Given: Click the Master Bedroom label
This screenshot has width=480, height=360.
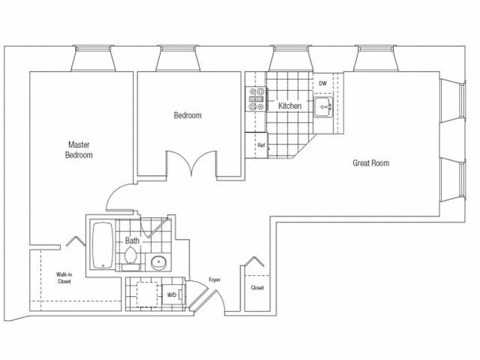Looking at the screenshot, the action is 79,150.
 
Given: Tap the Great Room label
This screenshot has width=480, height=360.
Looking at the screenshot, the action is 371,163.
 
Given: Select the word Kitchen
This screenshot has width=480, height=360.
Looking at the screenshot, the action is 290,106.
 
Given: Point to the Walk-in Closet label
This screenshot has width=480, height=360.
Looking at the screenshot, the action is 65,278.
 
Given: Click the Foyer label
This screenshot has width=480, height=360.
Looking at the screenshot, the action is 215,280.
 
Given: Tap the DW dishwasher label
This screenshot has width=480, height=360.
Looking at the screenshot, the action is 323,83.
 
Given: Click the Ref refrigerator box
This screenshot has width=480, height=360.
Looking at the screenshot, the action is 257,145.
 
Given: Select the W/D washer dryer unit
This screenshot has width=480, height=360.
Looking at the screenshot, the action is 174,295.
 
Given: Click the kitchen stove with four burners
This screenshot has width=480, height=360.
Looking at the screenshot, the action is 257,99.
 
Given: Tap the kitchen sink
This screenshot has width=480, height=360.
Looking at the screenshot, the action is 323,107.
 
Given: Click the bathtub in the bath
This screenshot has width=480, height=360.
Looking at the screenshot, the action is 103,246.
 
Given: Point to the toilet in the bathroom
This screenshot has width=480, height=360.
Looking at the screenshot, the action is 131,259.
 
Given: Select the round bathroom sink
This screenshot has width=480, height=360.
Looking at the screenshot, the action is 159,262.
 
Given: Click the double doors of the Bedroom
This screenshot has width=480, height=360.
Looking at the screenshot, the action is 192,164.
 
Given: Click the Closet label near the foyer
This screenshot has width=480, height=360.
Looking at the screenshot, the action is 257,288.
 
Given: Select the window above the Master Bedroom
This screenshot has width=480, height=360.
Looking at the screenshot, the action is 93,59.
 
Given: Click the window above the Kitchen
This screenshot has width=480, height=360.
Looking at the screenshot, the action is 291,59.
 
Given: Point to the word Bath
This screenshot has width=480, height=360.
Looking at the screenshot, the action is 132,241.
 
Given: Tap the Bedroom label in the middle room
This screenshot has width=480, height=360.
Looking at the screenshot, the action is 188,116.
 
